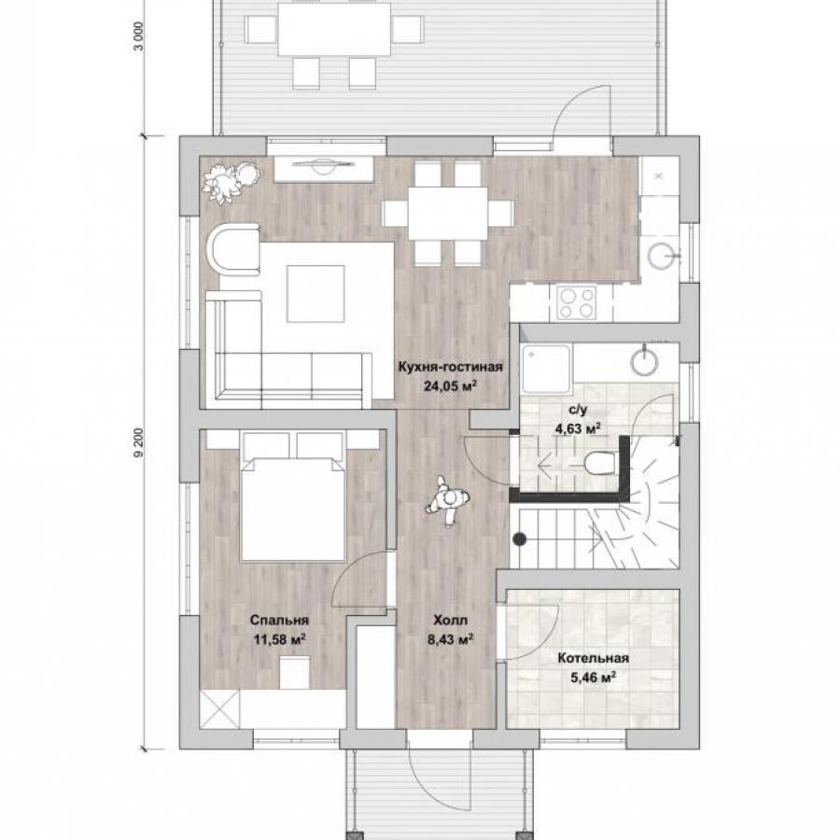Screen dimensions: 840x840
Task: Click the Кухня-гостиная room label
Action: tap(450, 367)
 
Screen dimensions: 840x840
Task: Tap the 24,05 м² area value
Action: tap(451, 385)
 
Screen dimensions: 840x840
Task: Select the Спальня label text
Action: tap(279, 620)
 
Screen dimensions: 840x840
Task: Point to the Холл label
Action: tap(450, 621)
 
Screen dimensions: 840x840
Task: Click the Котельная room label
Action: tap(593, 658)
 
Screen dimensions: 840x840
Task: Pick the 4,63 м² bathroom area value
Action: tap(578, 428)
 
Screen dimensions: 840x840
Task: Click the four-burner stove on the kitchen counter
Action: tap(577, 302)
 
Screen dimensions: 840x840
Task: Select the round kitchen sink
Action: tap(663, 256)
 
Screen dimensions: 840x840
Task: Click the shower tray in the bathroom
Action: tap(547, 369)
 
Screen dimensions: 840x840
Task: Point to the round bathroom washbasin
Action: tap(644, 360)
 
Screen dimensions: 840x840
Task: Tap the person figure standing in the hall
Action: tap(448, 500)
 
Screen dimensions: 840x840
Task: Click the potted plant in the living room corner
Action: tap(231, 181)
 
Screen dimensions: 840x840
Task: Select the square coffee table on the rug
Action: tap(315, 294)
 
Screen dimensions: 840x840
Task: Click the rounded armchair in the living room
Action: tap(233, 249)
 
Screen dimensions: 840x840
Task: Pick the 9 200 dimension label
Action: tap(139, 442)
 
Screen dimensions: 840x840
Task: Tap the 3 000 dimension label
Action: tap(139, 35)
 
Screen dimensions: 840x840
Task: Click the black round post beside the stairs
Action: tap(519, 539)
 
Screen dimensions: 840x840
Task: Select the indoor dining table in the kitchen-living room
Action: tap(448, 213)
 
